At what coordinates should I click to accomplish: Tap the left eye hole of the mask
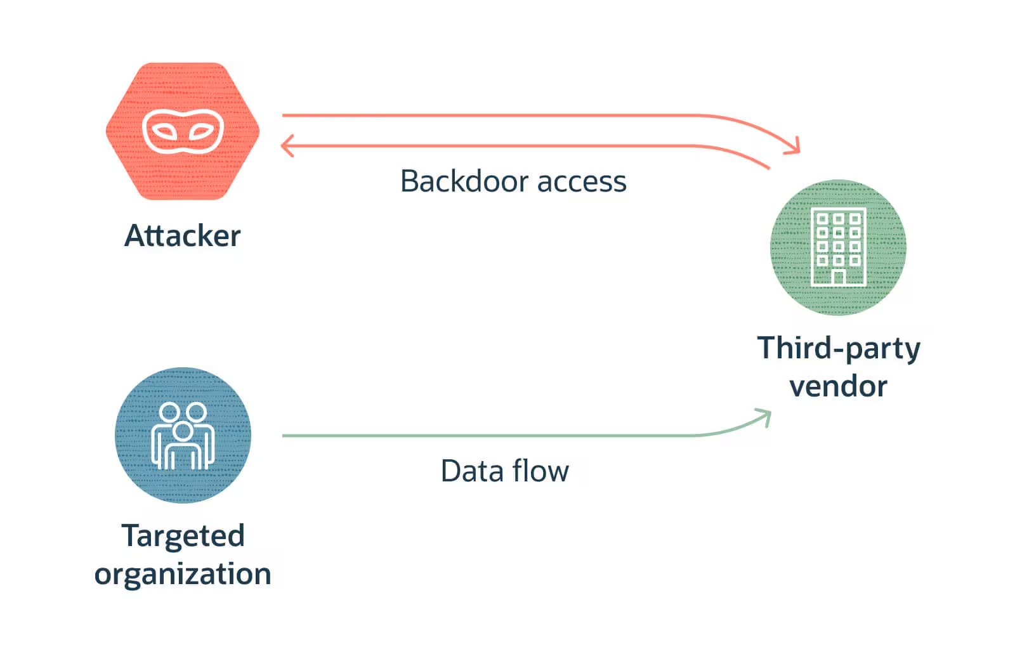(166, 132)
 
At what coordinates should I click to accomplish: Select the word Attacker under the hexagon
(183, 236)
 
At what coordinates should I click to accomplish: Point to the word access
(582, 183)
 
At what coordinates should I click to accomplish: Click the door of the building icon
(839, 277)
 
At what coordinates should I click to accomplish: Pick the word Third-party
(839, 348)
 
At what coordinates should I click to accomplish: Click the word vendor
(839, 386)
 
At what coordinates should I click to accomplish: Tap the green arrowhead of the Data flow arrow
(766, 416)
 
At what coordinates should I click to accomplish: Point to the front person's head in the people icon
(183, 431)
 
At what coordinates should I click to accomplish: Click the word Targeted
(183, 536)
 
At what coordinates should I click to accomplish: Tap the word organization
(183, 574)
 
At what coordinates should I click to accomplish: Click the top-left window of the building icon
(822, 219)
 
